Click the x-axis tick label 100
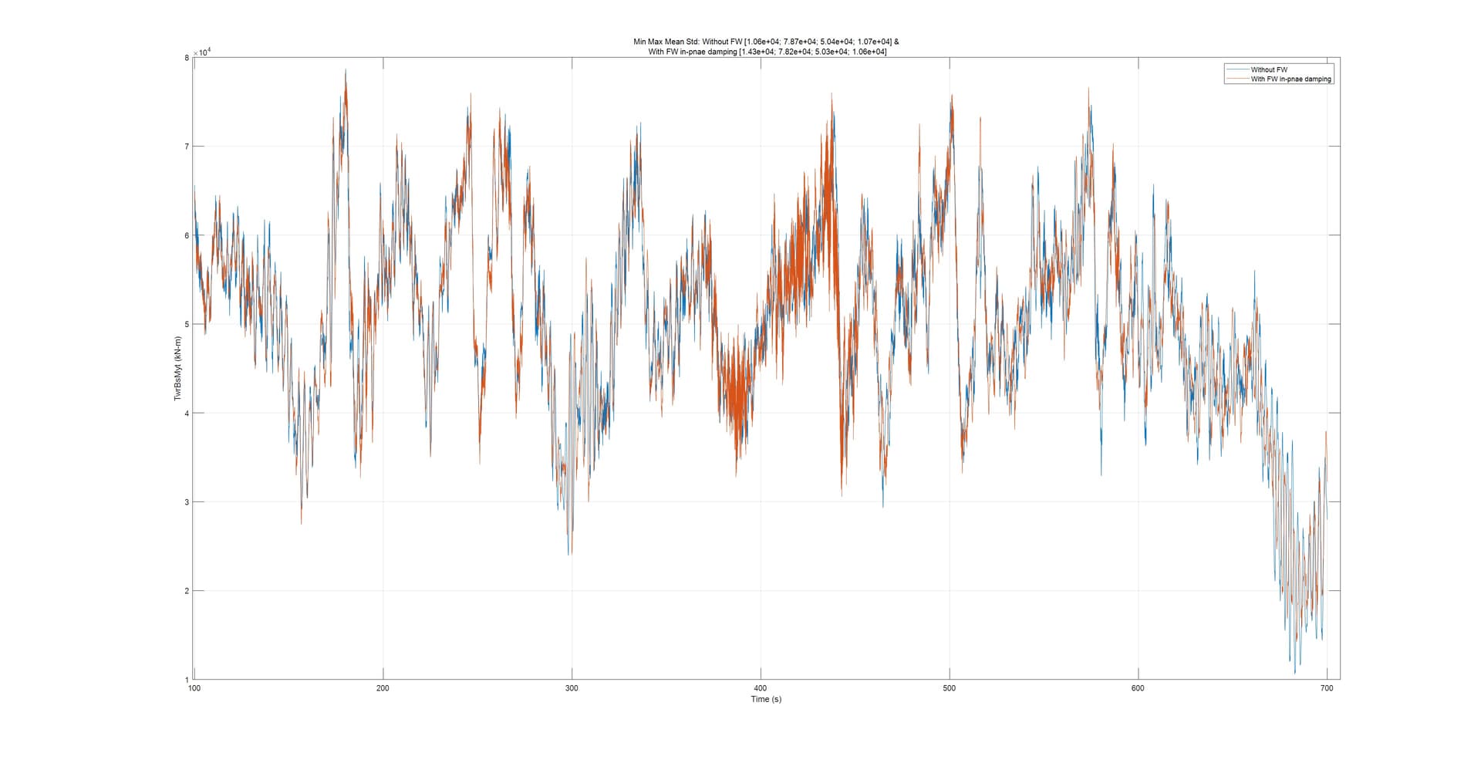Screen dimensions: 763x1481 click(x=194, y=688)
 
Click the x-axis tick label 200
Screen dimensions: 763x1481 click(x=383, y=688)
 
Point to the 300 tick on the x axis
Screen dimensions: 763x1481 click(x=572, y=688)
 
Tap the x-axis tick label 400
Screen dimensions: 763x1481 click(x=761, y=688)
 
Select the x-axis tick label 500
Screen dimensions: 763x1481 click(x=949, y=688)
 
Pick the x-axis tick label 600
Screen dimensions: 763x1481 click(x=1138, y=688)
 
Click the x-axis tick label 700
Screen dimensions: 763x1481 click(x=1326, y=688)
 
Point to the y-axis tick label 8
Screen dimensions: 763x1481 click(x=187, y=58)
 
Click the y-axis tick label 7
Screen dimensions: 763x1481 click(x=187, y=147)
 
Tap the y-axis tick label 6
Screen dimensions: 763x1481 click(x=187, y=235)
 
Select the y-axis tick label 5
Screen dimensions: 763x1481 click(x=187, y=324)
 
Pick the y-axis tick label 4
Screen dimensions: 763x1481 click(x=187, y=414)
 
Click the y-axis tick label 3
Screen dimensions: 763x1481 click(x=187, y=502)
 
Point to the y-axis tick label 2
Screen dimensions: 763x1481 click(x=187, y=591)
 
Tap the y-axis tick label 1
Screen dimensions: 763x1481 click(x=187, y=680)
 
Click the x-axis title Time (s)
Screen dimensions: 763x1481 click(x=766, y=699)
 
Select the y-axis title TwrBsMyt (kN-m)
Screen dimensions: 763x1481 click(x=177, y=368)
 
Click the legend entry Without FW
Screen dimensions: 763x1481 click(x=1269, y=69)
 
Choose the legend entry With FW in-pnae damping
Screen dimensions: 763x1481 click(x=1290, y=79)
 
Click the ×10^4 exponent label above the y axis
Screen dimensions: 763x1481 click(x=203, y=52)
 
